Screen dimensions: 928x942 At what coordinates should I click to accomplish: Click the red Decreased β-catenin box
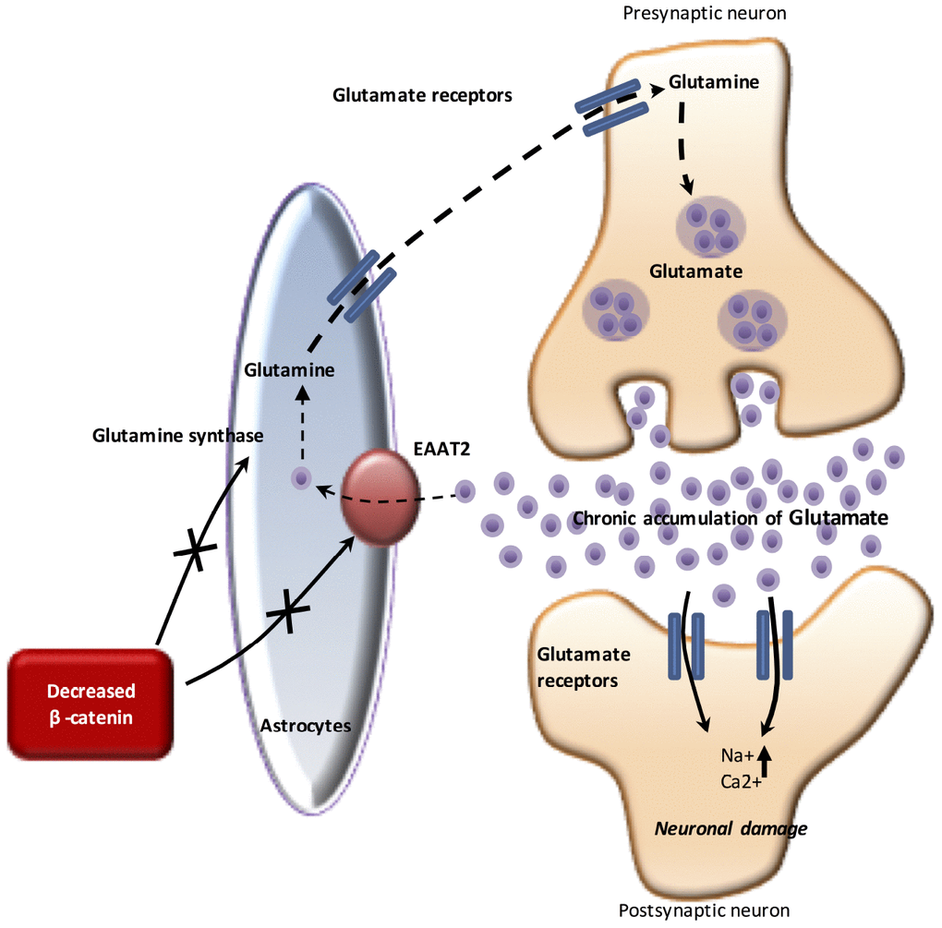point(91,704)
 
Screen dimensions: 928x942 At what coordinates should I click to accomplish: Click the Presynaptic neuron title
point(706,13)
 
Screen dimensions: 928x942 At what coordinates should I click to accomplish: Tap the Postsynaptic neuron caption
point(704,910)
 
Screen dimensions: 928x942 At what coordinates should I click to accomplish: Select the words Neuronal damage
point(731,828)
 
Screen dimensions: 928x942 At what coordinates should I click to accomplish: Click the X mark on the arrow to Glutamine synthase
point(196,551)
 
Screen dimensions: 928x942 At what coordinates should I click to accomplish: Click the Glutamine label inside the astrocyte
point(289,369)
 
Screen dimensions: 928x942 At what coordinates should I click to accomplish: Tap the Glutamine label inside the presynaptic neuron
point(714,82)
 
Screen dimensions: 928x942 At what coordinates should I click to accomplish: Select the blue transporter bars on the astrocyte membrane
point(363,286)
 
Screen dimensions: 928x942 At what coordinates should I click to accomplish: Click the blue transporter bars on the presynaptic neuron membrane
point(611,106)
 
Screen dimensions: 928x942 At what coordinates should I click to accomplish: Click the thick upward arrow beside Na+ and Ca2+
point(764,765)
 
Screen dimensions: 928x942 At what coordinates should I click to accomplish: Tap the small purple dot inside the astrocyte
point(301,478)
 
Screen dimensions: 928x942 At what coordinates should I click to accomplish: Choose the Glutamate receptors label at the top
point(422,94)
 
